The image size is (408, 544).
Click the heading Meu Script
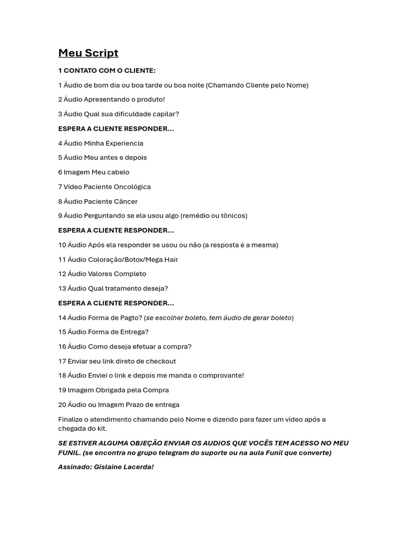(x=88, y=53)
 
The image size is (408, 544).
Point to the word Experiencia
(x=125, y=143)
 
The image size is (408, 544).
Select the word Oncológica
(x=132, y=186)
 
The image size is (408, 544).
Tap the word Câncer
(x=125, y=201)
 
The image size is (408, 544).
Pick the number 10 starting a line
(x=62, y=245)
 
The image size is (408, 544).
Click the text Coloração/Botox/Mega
(x=124, y=259)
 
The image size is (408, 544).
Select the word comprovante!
(x=219, y=376)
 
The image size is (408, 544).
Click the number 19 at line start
(x=62, y=390)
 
